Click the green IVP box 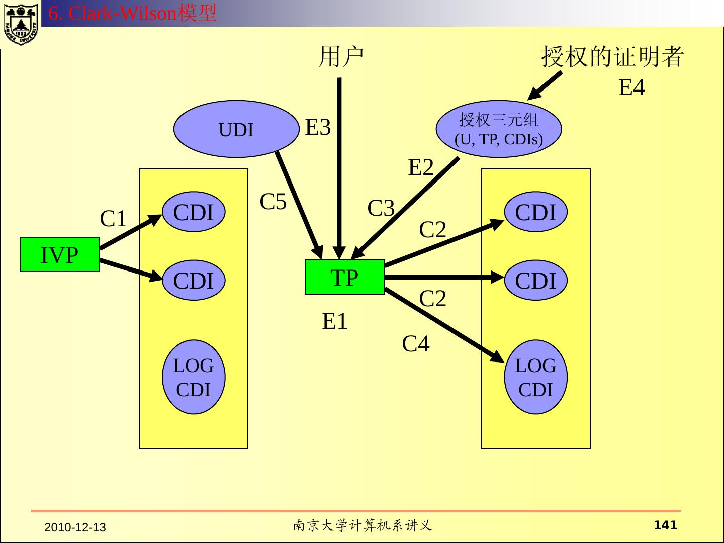pos(60,255)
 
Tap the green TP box pos(344,277)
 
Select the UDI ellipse pos(236,129)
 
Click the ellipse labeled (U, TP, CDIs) pos(498,129)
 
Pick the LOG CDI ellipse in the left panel pos(194,377)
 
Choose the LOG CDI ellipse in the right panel pos(535,377)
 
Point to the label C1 pos(113,219)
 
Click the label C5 pos(273,202)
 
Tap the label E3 pos(318,128)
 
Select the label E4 pos(631,87)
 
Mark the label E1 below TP pos(335,321)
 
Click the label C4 pos(416,344)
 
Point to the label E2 pos(420,167)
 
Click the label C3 pos(381,208)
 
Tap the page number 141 pos(665,525)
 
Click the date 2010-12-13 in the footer pos(75,527)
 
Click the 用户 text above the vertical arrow pos(341,56)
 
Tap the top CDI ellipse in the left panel pos(194,212)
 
